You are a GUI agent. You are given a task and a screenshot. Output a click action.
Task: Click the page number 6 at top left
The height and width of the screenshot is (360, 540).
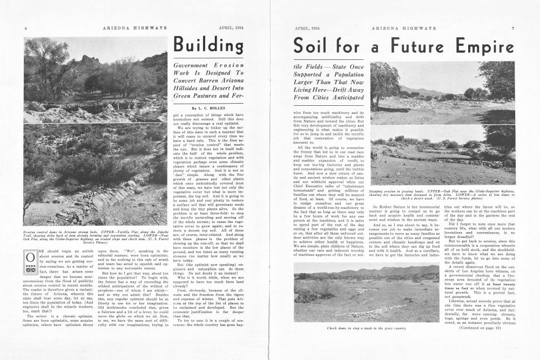click(25, 28)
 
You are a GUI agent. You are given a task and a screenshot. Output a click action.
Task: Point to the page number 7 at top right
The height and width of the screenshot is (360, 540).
click(513, 28)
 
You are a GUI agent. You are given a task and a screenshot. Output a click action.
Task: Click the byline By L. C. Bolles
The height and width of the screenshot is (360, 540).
click(208, 108)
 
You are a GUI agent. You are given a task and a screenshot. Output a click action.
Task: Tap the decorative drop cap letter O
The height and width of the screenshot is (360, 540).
click(31, 261)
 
